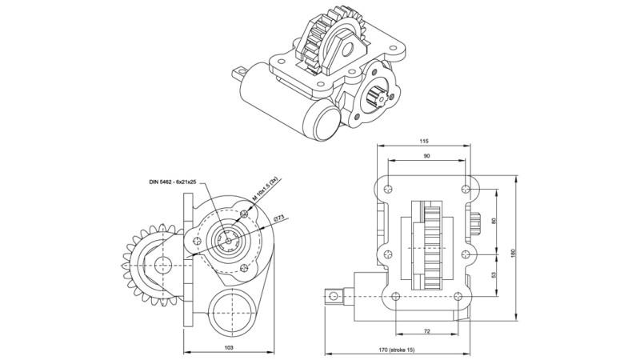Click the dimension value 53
494,275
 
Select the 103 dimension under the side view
228,348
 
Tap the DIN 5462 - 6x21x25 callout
172,183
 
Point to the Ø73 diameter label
279,218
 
